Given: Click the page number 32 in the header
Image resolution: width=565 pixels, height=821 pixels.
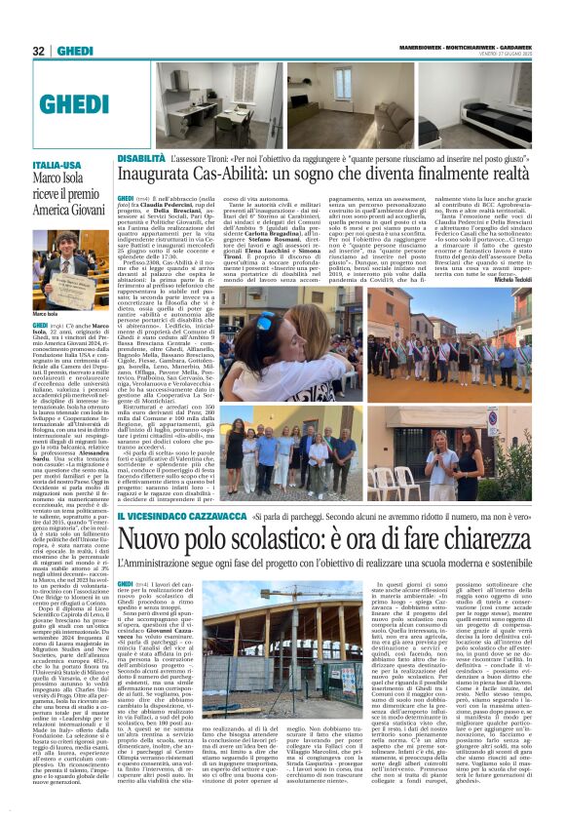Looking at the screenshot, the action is (38, 50).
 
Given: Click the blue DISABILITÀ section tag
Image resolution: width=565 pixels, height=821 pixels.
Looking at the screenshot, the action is (141, 157).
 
